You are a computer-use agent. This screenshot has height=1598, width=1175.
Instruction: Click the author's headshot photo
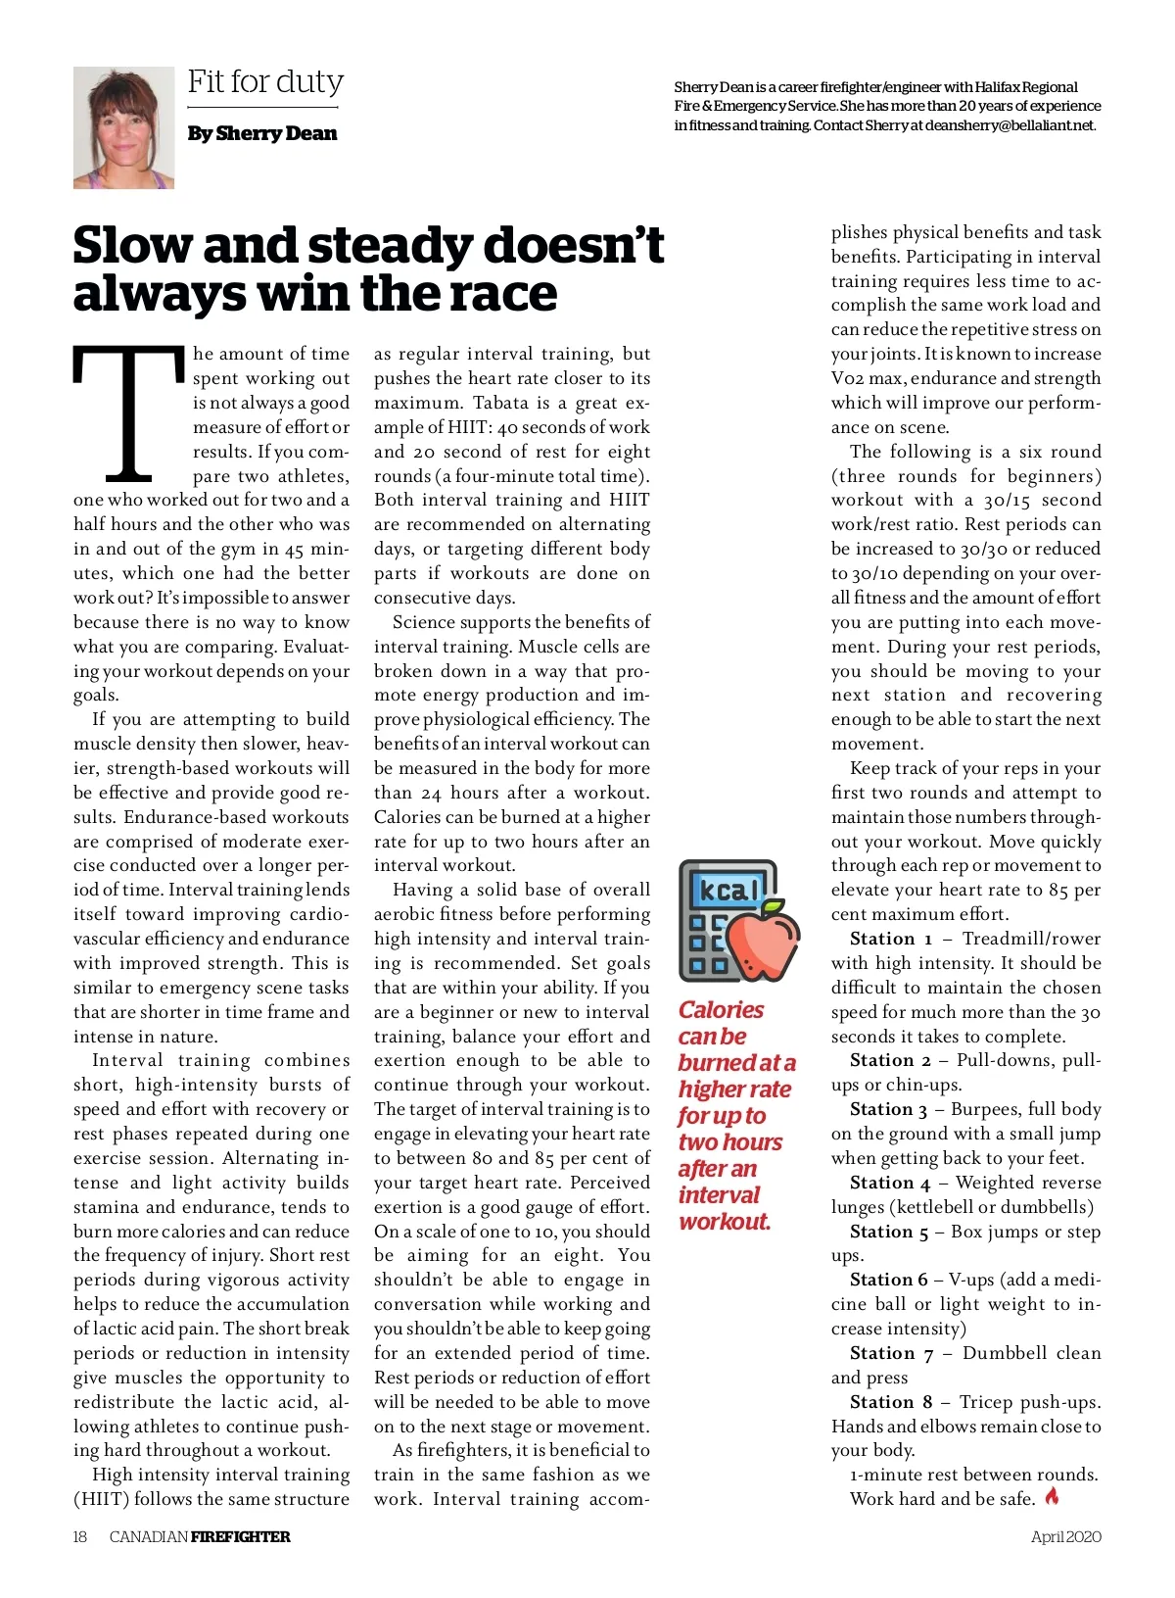123,127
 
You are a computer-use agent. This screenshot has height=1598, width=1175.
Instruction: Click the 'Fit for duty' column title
265,81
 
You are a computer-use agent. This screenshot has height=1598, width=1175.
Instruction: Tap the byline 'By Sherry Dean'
261,133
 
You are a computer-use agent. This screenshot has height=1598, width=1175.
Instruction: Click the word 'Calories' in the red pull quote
721,1010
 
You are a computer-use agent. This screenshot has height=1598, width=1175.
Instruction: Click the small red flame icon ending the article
1053,1497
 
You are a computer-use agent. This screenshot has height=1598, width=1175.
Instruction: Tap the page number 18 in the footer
80,1536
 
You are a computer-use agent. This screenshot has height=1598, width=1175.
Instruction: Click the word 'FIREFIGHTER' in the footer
240,1536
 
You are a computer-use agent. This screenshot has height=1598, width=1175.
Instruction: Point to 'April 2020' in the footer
1065,1536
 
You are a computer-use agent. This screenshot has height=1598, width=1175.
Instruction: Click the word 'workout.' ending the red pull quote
725,1222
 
